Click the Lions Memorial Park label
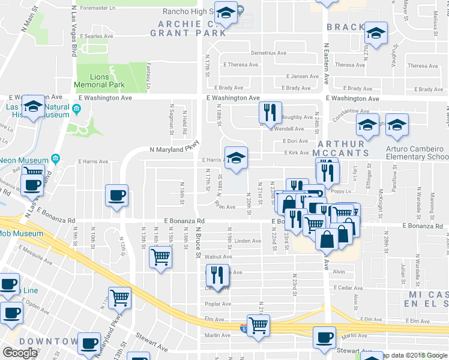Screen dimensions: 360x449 coord(99,81)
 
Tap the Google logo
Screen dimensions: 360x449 coord(20,353)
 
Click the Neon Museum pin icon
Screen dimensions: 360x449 coord(55,159)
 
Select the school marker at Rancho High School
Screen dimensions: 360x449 coord(226,13)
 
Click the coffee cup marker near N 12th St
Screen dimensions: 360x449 coord(117,196)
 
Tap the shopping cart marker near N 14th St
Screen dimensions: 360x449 coord(160,257)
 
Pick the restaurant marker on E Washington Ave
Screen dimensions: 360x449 coord(270,112)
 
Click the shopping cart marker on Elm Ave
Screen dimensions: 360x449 coord(259,326)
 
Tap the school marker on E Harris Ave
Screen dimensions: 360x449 coord(237,158)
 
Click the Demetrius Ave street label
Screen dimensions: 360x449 coord(268,53)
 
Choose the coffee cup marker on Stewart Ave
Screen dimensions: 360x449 coord(325,338)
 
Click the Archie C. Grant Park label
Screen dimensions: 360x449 coord(192,28)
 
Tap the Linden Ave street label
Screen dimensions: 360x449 coord(247,241)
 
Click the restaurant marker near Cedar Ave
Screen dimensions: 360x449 coord(217,275)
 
